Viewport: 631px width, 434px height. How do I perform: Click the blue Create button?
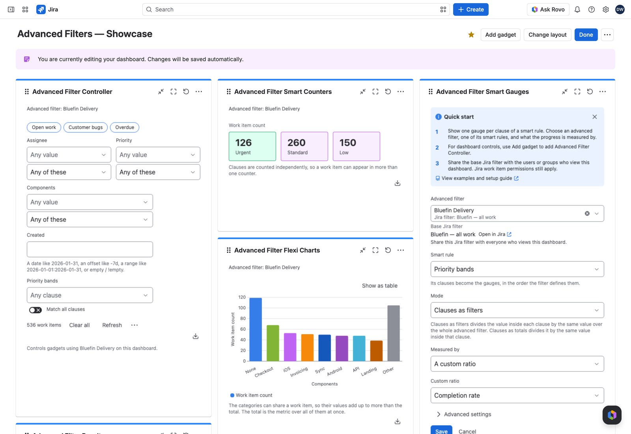pyautogui.click(x=470, y=9)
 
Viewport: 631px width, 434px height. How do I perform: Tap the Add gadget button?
pyautogui.click(x=500, y=35)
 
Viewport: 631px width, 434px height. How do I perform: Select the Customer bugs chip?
pyautogui.click(x=85, y=127)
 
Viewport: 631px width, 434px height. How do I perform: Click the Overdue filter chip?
pyautogui.click(x=125, y=127)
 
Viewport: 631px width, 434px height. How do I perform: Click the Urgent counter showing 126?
pyautogui.click(x=252, y=146)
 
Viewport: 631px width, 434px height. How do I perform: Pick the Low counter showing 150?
pyautogui.click(x=356, y=146)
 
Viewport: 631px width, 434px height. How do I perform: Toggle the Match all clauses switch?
pyautogui.click(x=35, y=310)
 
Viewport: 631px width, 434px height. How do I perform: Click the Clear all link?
pyautogui.click(x=79, y=325)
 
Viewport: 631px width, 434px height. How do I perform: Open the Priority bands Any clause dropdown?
pyautogui.click(x=90, y=295)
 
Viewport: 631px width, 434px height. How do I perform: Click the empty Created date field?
pyautogui.click(x=90, y=249)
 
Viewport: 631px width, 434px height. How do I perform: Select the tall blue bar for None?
pyautogui.click(x=256, y=329)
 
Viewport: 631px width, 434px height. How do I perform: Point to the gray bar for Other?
pyautogui.click(x=393, y=333)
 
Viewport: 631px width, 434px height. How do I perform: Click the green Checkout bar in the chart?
pyautogui.click(x=273, y=343)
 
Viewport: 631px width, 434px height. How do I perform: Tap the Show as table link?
pyautogui.click(x=379, y=286)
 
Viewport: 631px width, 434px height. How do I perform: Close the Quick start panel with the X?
pyautogui.click(x=594, y=117)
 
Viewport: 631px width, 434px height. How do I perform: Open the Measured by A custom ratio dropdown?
pyautogui.click(x=517, y=364)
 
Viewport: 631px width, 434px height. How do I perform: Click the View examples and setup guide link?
pyautogui.click(x=477, y=178)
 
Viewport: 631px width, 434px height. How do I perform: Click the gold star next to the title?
pyautogui.click(x=471, y=35)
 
